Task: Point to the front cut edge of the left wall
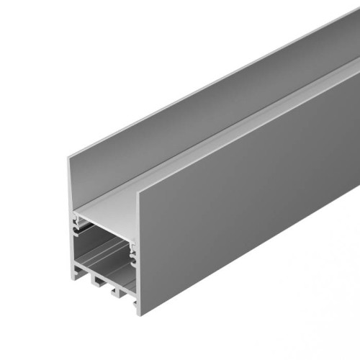(x=71, y=216)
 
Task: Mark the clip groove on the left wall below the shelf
(x=78, y=229)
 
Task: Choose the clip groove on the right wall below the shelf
(x=132, y=252)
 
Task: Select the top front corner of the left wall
(x=70, y=157)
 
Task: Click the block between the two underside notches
(x=104, y=284)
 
